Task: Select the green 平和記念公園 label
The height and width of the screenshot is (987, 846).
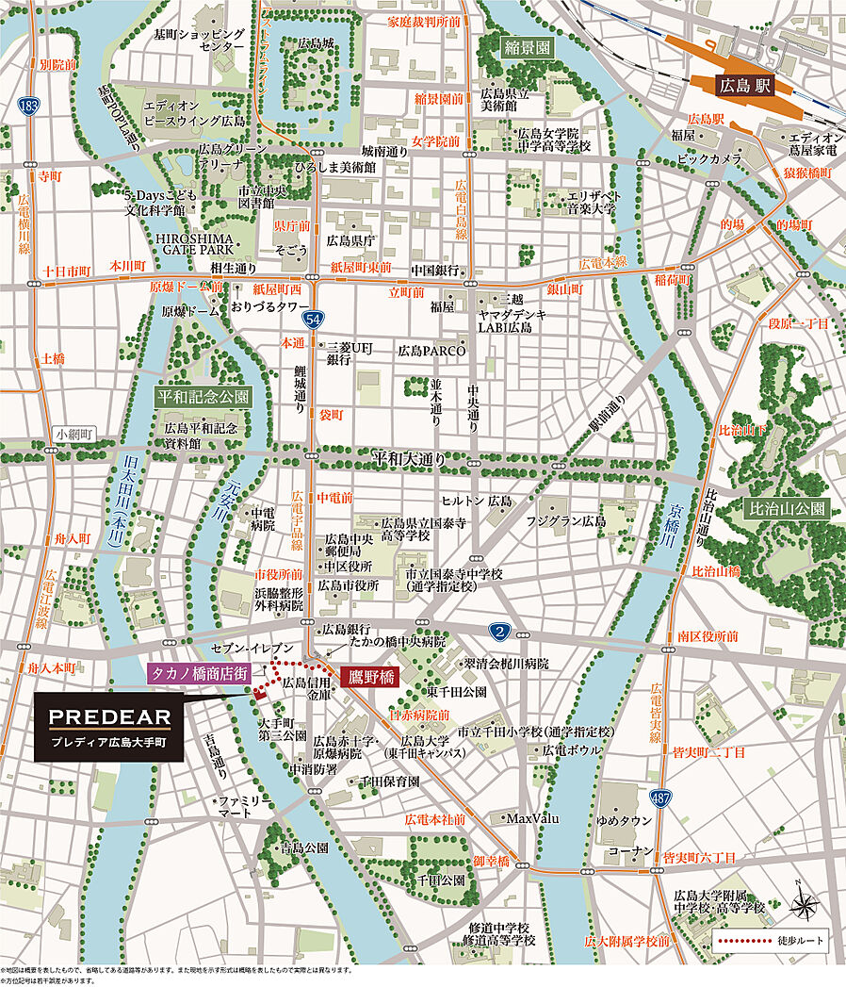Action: [x=203, y=396]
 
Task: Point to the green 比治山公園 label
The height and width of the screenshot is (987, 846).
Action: [x=787, y=508]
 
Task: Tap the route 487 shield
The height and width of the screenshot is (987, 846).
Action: [x=663, y=797]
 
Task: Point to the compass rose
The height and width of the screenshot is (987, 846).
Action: [x=804, y=903]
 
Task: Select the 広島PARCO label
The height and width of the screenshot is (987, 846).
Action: [x=431, y=351]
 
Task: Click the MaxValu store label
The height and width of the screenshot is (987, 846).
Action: [x=532, y=818]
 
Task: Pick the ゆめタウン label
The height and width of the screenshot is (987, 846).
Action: [x=626, y=820]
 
